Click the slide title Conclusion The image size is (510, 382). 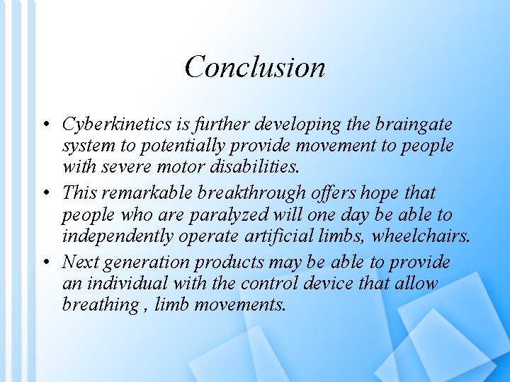255,67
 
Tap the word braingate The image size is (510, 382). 417,125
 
